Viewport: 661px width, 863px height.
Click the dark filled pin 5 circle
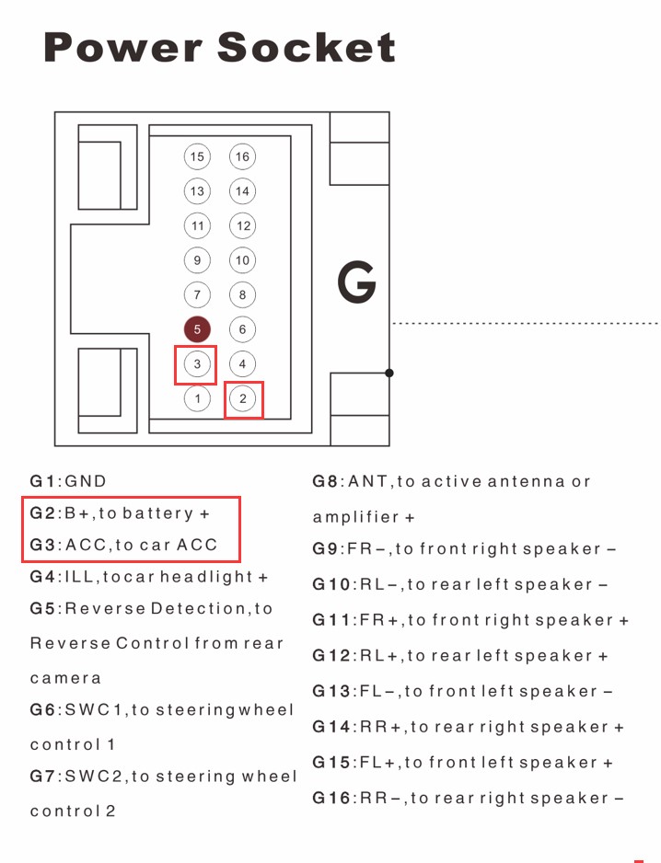coord(197,329)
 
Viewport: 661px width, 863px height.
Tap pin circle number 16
coord(242,156)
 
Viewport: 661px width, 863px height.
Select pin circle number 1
coord(197,398)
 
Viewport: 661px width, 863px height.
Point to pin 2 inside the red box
coord(243,399)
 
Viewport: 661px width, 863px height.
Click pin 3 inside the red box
coord(197,364)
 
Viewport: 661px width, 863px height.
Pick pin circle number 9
coord(197,260)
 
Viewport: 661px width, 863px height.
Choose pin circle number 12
coord(242,225)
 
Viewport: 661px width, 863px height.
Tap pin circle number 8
coord(242,295)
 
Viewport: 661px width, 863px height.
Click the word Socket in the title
coord(307,47)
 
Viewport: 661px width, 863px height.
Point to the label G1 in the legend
coord(43,481)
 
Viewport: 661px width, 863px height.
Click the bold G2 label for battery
coord(43,513)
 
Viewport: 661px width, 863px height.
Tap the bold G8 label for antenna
coord(326,481)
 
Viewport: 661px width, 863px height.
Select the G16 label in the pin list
coord(331,798)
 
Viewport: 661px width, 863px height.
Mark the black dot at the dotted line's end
coord(389,373)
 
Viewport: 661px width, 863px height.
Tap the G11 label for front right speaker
coord(331,620)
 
